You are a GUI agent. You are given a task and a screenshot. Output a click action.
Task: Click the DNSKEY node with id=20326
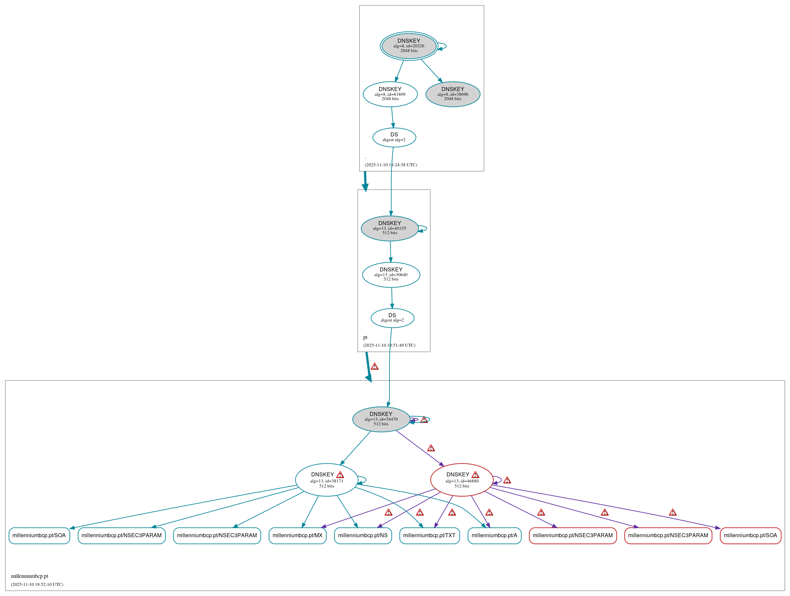[409, 46]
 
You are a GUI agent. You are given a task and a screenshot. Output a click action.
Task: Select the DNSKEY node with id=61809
[390, 94]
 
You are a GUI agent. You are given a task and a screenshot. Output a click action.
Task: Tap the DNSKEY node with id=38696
[453, 94]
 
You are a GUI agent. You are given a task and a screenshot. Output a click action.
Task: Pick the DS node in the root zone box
[394, 137]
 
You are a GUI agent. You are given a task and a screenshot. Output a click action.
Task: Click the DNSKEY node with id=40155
[390, 228]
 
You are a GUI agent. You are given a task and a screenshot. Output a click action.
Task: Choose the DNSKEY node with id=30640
[391, 275]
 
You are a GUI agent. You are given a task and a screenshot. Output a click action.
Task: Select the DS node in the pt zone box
[392, 318]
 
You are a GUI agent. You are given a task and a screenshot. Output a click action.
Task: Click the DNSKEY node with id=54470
[381, 419]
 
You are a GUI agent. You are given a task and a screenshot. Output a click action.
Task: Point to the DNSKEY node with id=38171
[326, 480]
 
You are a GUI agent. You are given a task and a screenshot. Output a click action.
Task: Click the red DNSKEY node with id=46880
[462, 480]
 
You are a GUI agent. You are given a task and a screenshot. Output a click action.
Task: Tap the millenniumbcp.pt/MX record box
[297, 536]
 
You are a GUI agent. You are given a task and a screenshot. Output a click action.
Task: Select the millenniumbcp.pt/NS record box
[363, 536]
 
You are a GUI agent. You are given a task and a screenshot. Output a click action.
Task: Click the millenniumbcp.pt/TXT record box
[429, 536]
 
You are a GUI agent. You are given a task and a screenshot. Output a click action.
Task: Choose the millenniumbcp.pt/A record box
[494, 536]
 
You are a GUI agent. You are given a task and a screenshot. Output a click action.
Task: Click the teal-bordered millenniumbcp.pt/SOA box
[39, 536]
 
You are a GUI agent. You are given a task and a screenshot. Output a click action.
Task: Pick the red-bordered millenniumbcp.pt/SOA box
[750, 536]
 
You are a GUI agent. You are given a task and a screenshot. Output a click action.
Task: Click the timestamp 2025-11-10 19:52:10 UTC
[37, 585]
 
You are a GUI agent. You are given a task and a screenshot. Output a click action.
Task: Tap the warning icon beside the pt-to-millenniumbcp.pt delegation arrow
[374, 366]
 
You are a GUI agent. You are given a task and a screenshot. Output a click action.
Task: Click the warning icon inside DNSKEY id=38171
[340, 474]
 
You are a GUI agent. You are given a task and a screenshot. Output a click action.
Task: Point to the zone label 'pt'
[365, 337]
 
